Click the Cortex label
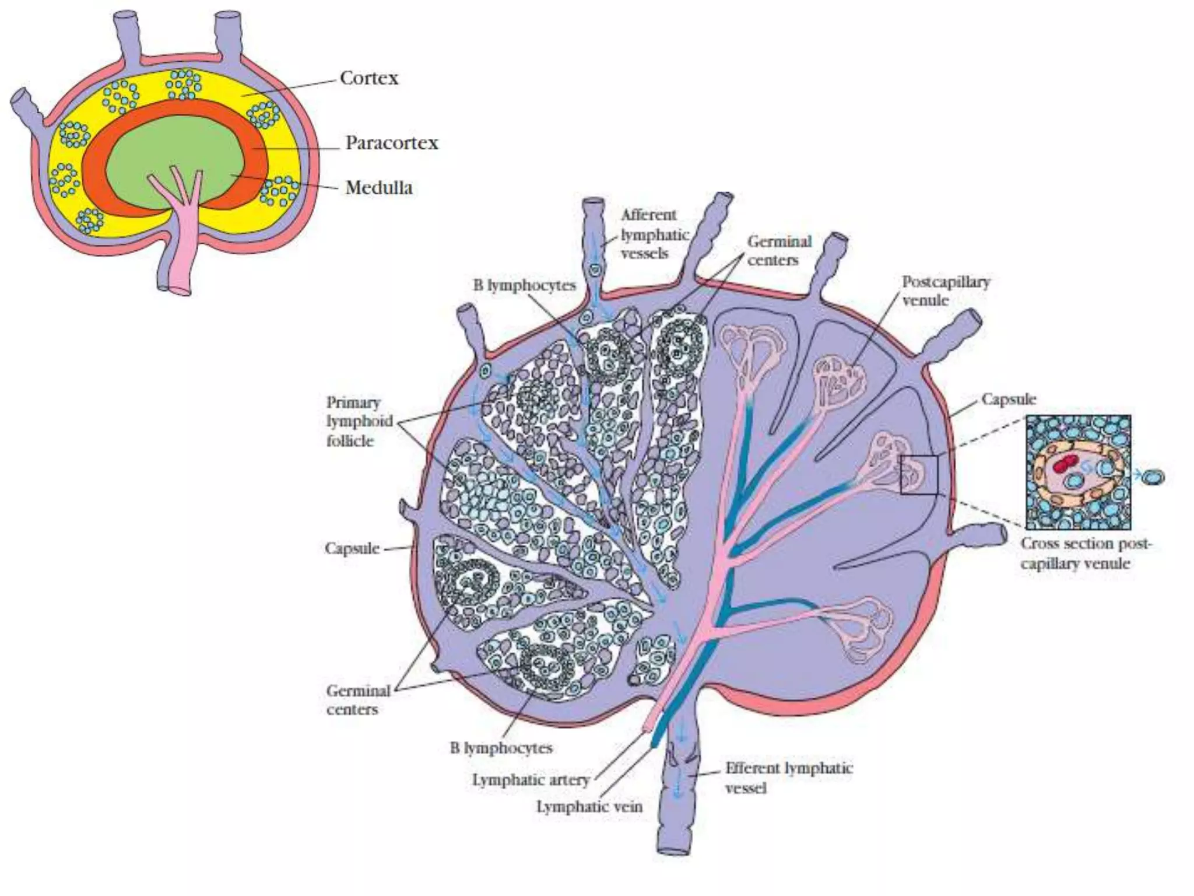(x=369, y=78)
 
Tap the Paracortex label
(x=391, y=143)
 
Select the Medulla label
(x=379, y=188)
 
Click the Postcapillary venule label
(x=945, y=290)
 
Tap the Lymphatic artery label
(x=531, y=780)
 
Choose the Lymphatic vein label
(x=589, y=807)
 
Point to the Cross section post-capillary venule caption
(x=1086, y=554)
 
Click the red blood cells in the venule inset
(x=1065, y=465)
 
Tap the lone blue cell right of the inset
(x=1152, y=477)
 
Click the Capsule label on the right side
(x=1008, y=400)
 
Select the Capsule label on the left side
(x=352, y=548)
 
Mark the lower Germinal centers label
(x=357, y=700)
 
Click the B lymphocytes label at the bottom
(x=501, y=748)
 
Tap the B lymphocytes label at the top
(x=524, y=286)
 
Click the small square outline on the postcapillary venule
(x=919, y=475)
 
